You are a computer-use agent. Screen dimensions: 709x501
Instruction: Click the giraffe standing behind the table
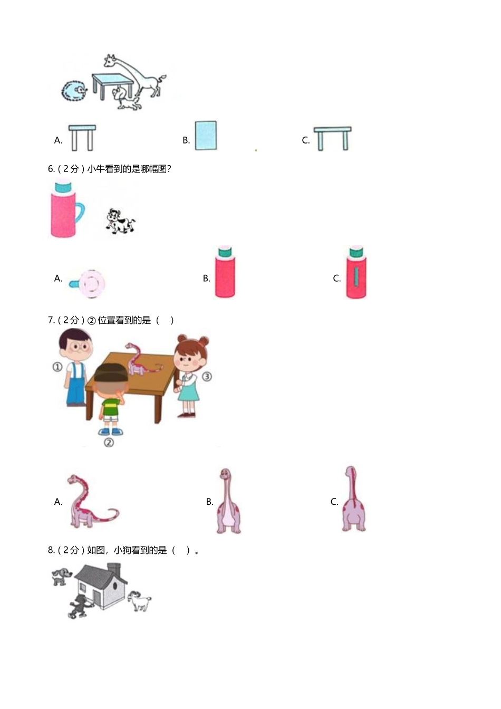click(x=138, y=76)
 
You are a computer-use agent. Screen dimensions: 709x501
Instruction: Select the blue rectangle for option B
click(x=206, y=136)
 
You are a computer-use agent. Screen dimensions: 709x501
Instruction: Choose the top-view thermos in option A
click(x=89, y=283)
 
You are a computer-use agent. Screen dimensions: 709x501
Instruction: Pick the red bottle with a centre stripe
click(x=357, y=273)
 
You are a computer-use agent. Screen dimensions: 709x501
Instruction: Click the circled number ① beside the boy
click(x=57, y=367)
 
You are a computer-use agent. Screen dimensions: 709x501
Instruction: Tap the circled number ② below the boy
click(x=109, y=443)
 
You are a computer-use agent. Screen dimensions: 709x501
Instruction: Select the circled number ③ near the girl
click(x=207, y=376)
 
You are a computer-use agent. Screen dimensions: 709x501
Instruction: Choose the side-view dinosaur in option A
click(x=89, y=502)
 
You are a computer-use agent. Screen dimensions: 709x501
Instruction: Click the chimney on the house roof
click(x=114, y=569)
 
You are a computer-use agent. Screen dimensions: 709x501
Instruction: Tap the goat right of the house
click(x=140, y=600)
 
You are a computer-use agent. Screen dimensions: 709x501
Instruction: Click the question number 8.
click(x=51, y=550)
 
